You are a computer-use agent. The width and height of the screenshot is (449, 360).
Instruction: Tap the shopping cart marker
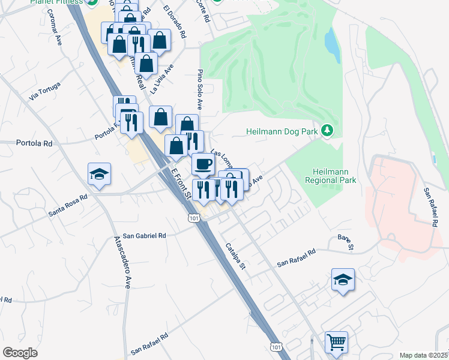[x=336, y=343]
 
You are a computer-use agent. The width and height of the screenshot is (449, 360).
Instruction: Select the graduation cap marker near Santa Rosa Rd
[x=99, y=174]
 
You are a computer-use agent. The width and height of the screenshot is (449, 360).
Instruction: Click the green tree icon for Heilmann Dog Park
[x=327, y=130]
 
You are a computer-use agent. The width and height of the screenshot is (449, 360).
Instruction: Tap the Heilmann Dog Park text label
[x=282, y=131]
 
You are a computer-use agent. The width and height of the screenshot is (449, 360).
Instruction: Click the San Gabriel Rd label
[x=144, y=236]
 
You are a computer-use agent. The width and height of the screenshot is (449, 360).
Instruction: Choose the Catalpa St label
[x=236, y=256]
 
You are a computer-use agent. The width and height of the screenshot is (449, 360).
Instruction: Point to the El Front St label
[x=180, y=184]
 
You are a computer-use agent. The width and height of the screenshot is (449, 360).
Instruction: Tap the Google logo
[x=20, y=353]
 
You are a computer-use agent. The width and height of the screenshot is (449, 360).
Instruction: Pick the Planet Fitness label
[x=57, y=2]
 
